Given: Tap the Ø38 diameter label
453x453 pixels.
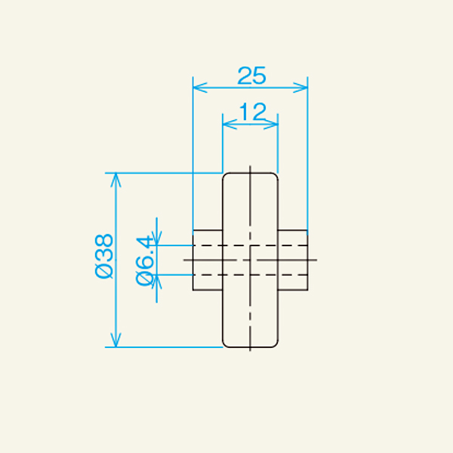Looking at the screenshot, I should [x=104, y=256].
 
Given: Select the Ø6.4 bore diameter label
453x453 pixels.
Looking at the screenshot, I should [x=146, y=260].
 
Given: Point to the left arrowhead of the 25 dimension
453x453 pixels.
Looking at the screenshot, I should [x=198, y=88].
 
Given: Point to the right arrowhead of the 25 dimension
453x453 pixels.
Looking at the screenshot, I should [x=304, y=88].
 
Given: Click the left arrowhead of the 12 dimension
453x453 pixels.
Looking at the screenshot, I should [x=226, y=125].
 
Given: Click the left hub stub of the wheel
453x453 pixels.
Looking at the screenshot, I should [x=208, y=260].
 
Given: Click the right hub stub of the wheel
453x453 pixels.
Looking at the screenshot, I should [x=293, y=260].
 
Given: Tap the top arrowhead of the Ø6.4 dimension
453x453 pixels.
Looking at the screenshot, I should [x=157, y=241].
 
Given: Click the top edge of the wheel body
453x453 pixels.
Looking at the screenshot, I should [x=250, y=173].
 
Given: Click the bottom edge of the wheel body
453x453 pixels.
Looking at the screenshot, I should [x=250, y=348].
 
